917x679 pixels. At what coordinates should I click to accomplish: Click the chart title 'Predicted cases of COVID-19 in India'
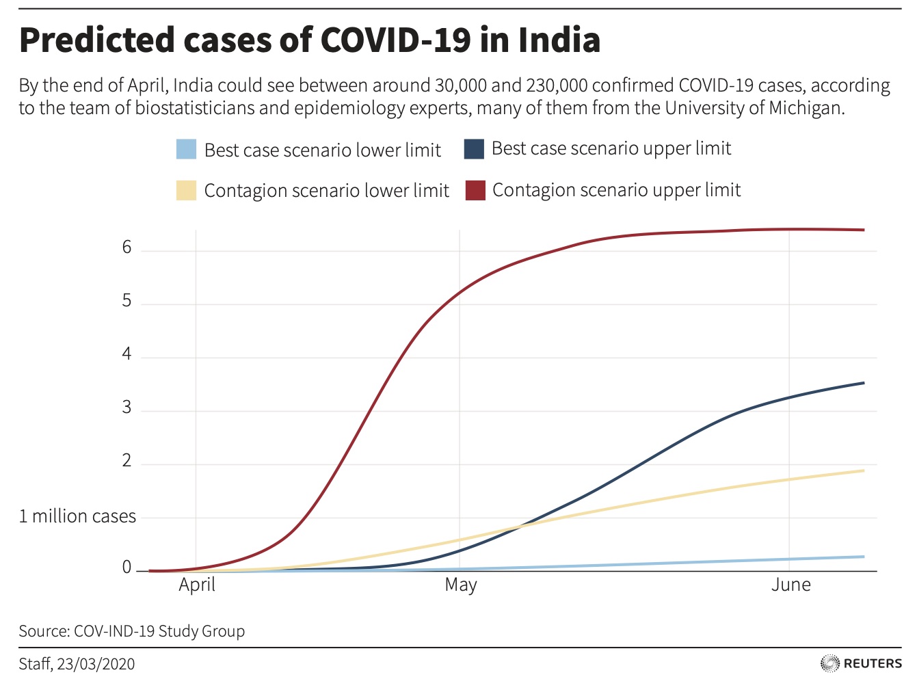(309, 40)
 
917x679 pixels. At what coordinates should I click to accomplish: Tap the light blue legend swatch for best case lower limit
(186, 150)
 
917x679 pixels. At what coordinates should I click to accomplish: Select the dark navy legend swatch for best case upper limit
(474, 149)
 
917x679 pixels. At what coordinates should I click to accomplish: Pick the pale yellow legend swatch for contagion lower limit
(186, 191)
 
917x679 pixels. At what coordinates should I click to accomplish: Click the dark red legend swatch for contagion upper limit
(475, 191)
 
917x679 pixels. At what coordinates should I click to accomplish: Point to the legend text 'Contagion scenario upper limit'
(616, 190)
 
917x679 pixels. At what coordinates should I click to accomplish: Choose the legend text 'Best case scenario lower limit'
(322, 150)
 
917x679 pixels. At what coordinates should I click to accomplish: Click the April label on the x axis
(197, 585)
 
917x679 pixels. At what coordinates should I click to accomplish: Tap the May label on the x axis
(460, 585)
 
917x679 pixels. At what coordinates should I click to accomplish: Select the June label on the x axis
(790, 585)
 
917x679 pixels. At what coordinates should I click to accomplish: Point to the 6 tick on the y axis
(127, 248)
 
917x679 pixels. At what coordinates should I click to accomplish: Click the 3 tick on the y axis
(127, 408)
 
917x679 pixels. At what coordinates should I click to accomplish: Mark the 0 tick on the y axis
(127, 568)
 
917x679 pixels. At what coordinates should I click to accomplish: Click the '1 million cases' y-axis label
(77, 516)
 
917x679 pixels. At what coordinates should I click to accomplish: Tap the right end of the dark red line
(863, 230)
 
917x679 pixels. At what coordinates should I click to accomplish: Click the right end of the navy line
(863, 383)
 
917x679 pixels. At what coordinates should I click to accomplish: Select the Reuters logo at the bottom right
(861, 663)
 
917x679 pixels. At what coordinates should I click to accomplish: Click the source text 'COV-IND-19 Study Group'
(159, 631)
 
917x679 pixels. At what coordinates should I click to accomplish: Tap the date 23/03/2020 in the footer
(96, 664)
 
